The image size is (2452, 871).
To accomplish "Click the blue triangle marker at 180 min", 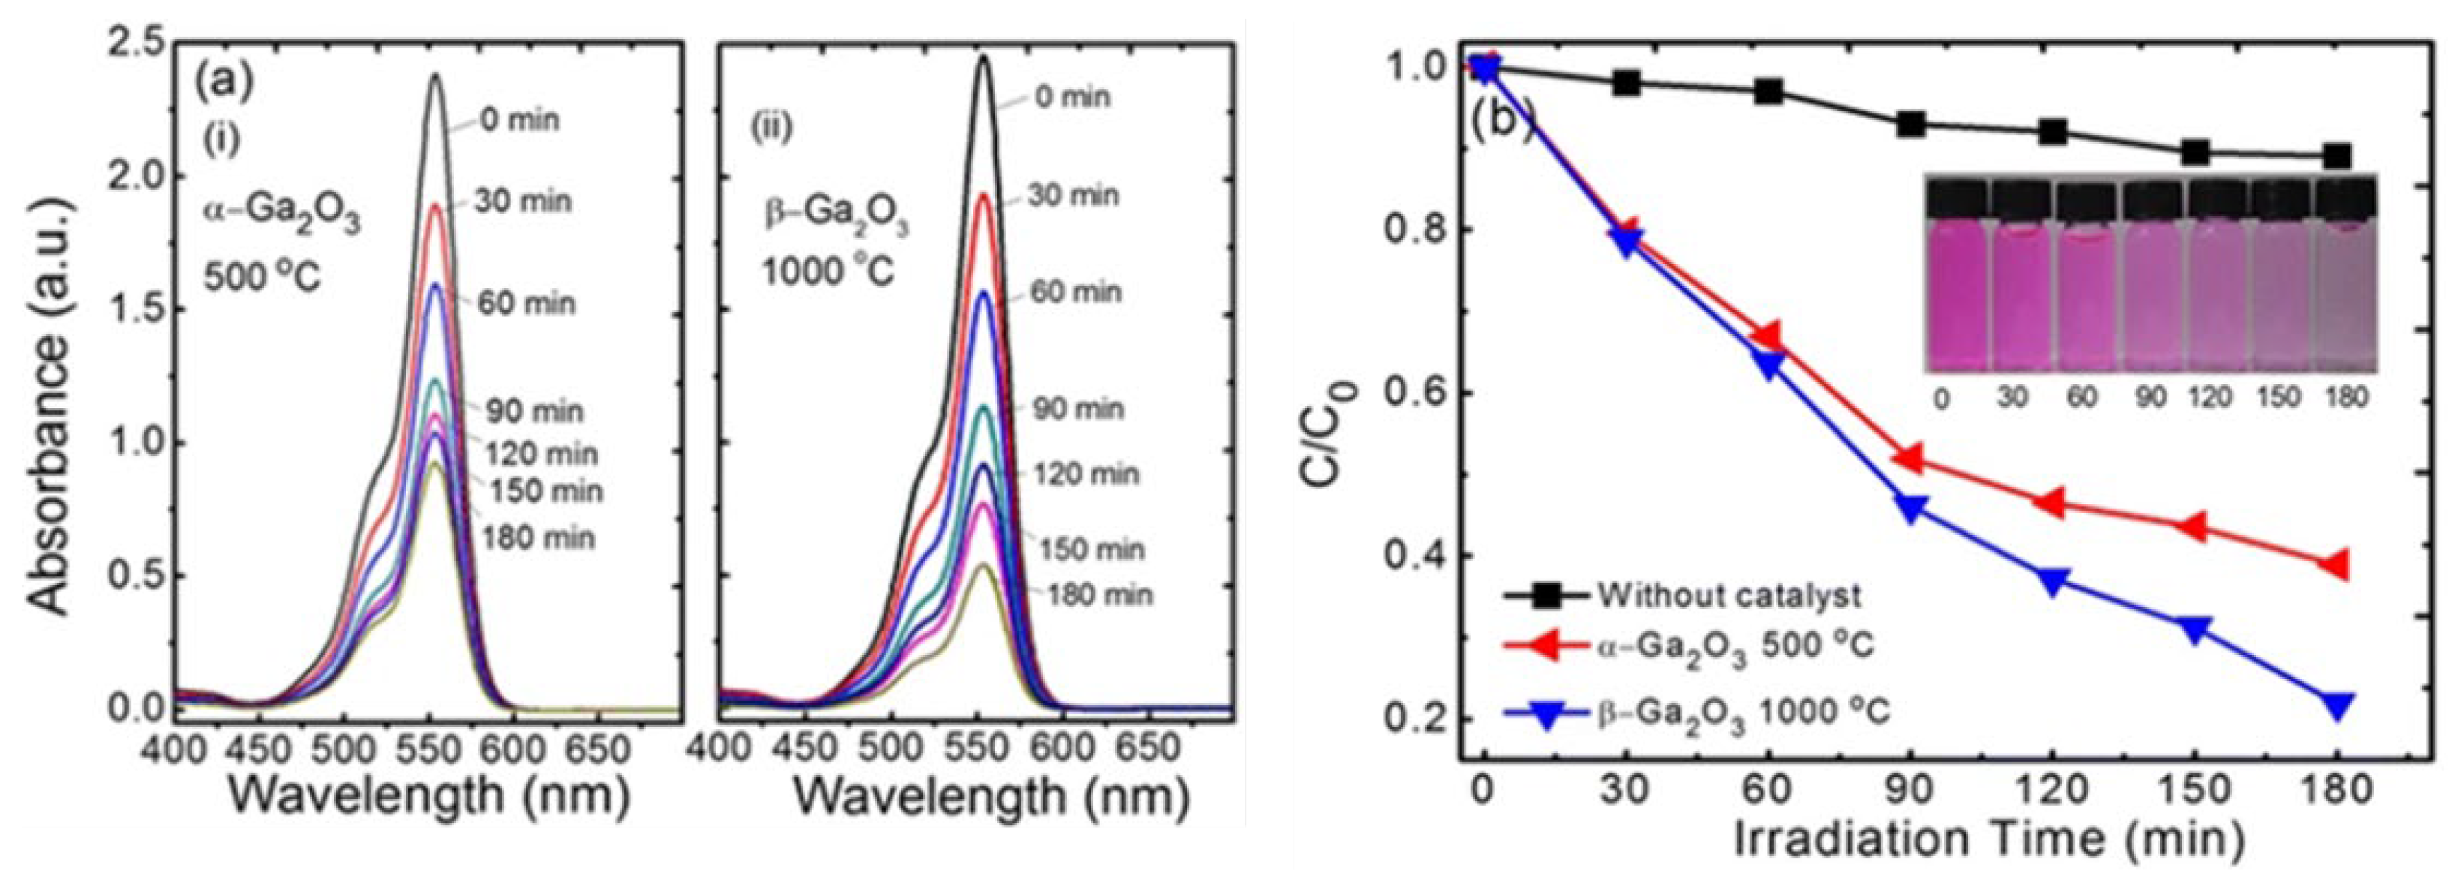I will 2338,705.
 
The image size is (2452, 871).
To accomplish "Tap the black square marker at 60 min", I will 1768,92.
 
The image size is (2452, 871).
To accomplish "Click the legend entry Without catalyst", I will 1728,596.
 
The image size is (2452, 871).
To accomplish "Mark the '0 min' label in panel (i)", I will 518,121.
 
